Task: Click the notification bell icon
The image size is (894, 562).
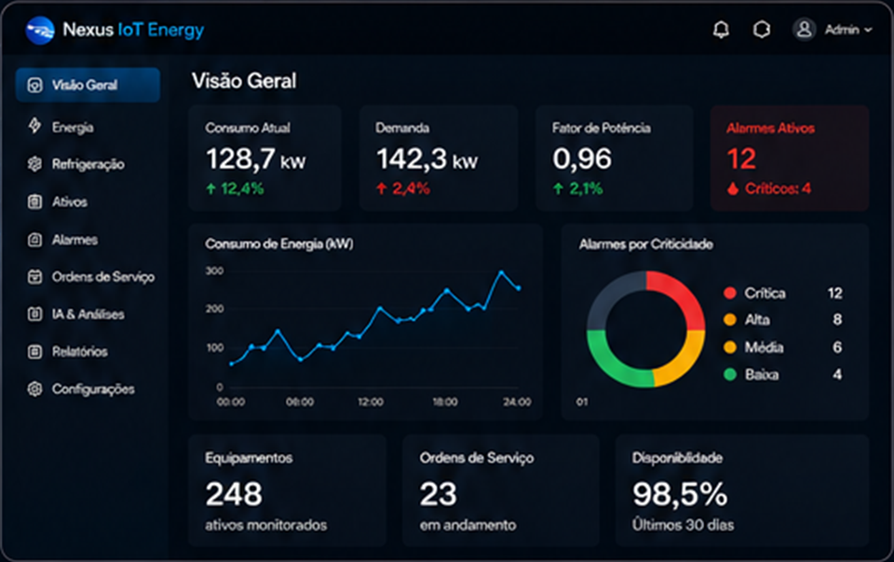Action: pyautogui.click(x=721, y=30)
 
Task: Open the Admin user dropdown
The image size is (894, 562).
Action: pyautogui.click(x=833, y=30)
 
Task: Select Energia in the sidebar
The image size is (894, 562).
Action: pyautogui.click(x=73, y=127)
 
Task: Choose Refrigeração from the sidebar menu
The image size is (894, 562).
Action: pyautogui.click(x=88, y=165)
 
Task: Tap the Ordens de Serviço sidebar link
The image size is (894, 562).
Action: pyautogui.click(x=102, y=277)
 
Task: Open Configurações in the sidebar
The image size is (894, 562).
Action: pyautogui.click(x=93, y=390)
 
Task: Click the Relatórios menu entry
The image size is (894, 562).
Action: pyautogui.click(x=79, y=352)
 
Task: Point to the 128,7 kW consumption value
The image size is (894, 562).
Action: pyautogui.click(x=255, y=159)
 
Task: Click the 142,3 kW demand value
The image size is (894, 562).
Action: pyautogui.click(x=427, y=159)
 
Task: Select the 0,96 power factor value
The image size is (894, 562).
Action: pyautogui.click(x=581, y=159)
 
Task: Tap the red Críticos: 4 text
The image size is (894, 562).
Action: pyautogui.click(x=778, y=189)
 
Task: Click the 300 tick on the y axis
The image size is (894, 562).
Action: pyautogui.click(x=214, y=271)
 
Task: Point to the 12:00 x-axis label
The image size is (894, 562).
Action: pyautogui.click(x=371, y=402)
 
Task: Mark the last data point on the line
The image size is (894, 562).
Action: pyautogui.click(x=519, y=288)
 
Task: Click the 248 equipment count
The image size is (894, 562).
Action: pyautogui.click(x=234, y=494)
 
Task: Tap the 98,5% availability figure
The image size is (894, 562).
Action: pyautogui.click(x=680, y=494)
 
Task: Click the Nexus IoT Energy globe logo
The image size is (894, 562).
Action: pyautogui.click(x=40, y=30)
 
